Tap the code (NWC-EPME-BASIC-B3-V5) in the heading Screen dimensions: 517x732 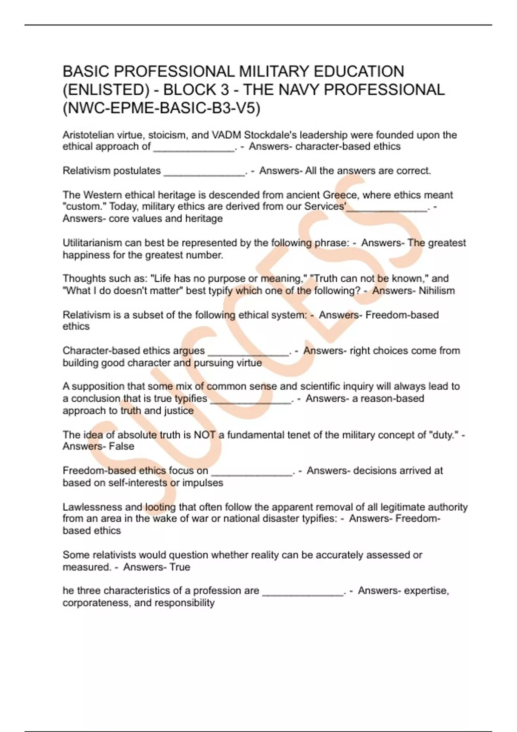[162, 108]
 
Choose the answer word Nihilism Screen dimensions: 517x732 [436, 291]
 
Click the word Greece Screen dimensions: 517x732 [340, 195]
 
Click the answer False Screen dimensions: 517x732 [121, 447]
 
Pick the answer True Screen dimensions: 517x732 [179, 567]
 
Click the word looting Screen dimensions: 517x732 [160, 507]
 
